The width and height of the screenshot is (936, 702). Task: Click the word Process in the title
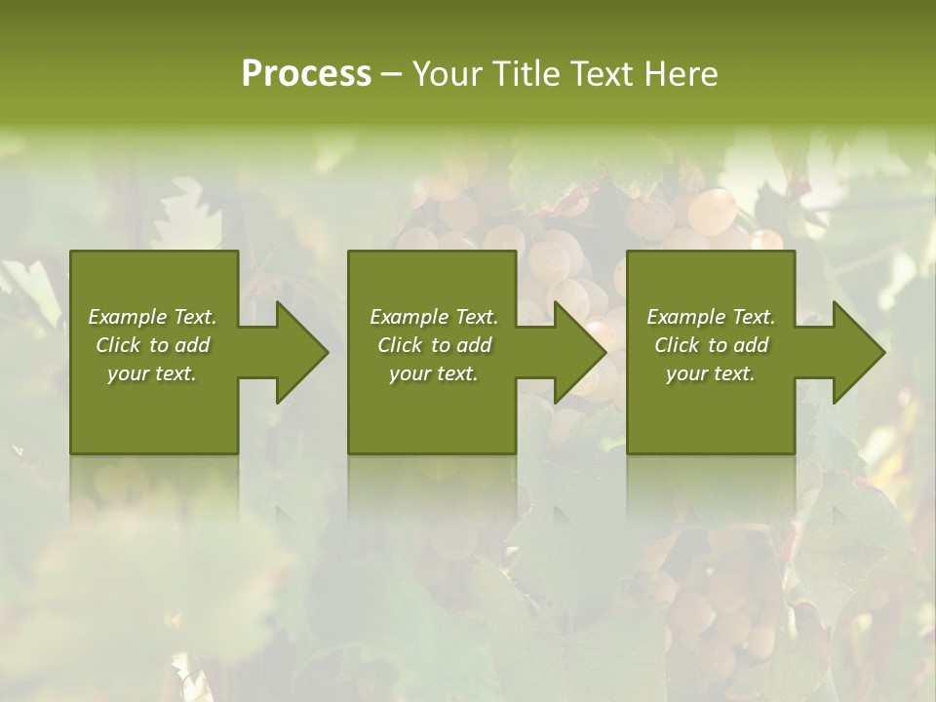tap(306, 74)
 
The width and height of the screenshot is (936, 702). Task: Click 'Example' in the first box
tap(128, 317)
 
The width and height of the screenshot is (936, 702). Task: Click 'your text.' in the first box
tap(152, 373)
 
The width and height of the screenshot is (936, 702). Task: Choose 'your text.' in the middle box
tap(434, 373)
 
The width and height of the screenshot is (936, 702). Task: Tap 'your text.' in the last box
tap(711, 373)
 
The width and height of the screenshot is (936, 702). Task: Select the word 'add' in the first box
tap(193, 345)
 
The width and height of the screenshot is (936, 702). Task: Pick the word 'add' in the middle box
tap(475, 345)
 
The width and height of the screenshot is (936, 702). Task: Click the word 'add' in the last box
tap(752, 345)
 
